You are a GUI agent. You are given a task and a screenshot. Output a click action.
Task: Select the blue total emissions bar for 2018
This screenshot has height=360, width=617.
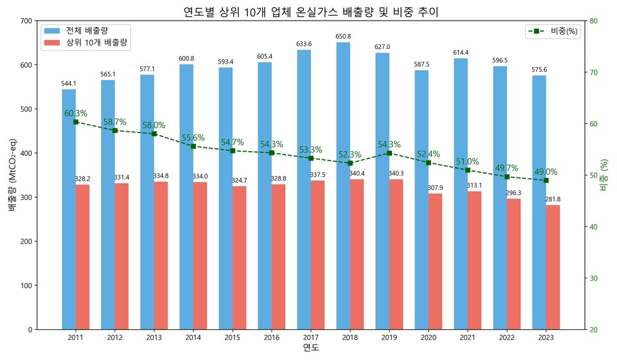coord(343,186)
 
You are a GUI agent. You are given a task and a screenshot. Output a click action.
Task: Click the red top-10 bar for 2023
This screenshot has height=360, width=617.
coord(553,267)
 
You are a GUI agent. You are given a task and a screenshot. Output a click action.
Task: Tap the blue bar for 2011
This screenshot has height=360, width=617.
coord(69,209)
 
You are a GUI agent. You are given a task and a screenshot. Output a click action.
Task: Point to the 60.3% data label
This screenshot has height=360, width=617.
coord(76,114)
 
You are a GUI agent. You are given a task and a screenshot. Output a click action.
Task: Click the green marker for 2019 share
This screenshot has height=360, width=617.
coord(389,153)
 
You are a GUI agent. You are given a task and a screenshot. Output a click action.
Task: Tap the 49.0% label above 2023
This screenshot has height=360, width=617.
coord(546,172)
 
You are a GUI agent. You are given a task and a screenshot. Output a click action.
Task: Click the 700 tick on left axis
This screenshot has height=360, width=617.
coord(25,21)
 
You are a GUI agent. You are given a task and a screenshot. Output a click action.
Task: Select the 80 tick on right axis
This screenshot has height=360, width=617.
coord(595,21)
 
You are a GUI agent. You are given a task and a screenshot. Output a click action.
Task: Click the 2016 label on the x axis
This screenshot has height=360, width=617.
coord(271,337)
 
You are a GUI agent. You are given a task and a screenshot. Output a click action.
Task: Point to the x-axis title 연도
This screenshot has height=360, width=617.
coord(310,348)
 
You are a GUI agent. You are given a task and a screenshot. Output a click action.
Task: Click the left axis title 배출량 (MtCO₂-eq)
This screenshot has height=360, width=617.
coord(12,175)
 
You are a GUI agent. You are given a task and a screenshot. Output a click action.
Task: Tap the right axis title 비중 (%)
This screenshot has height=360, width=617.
coord(604,175)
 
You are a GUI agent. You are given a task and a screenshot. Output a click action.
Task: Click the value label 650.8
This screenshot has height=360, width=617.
coord(343,37)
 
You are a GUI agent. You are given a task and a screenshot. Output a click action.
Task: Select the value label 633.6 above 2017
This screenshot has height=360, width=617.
coord(304,44)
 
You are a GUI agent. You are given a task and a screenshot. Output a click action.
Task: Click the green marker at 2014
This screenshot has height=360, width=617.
coord(193,146)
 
